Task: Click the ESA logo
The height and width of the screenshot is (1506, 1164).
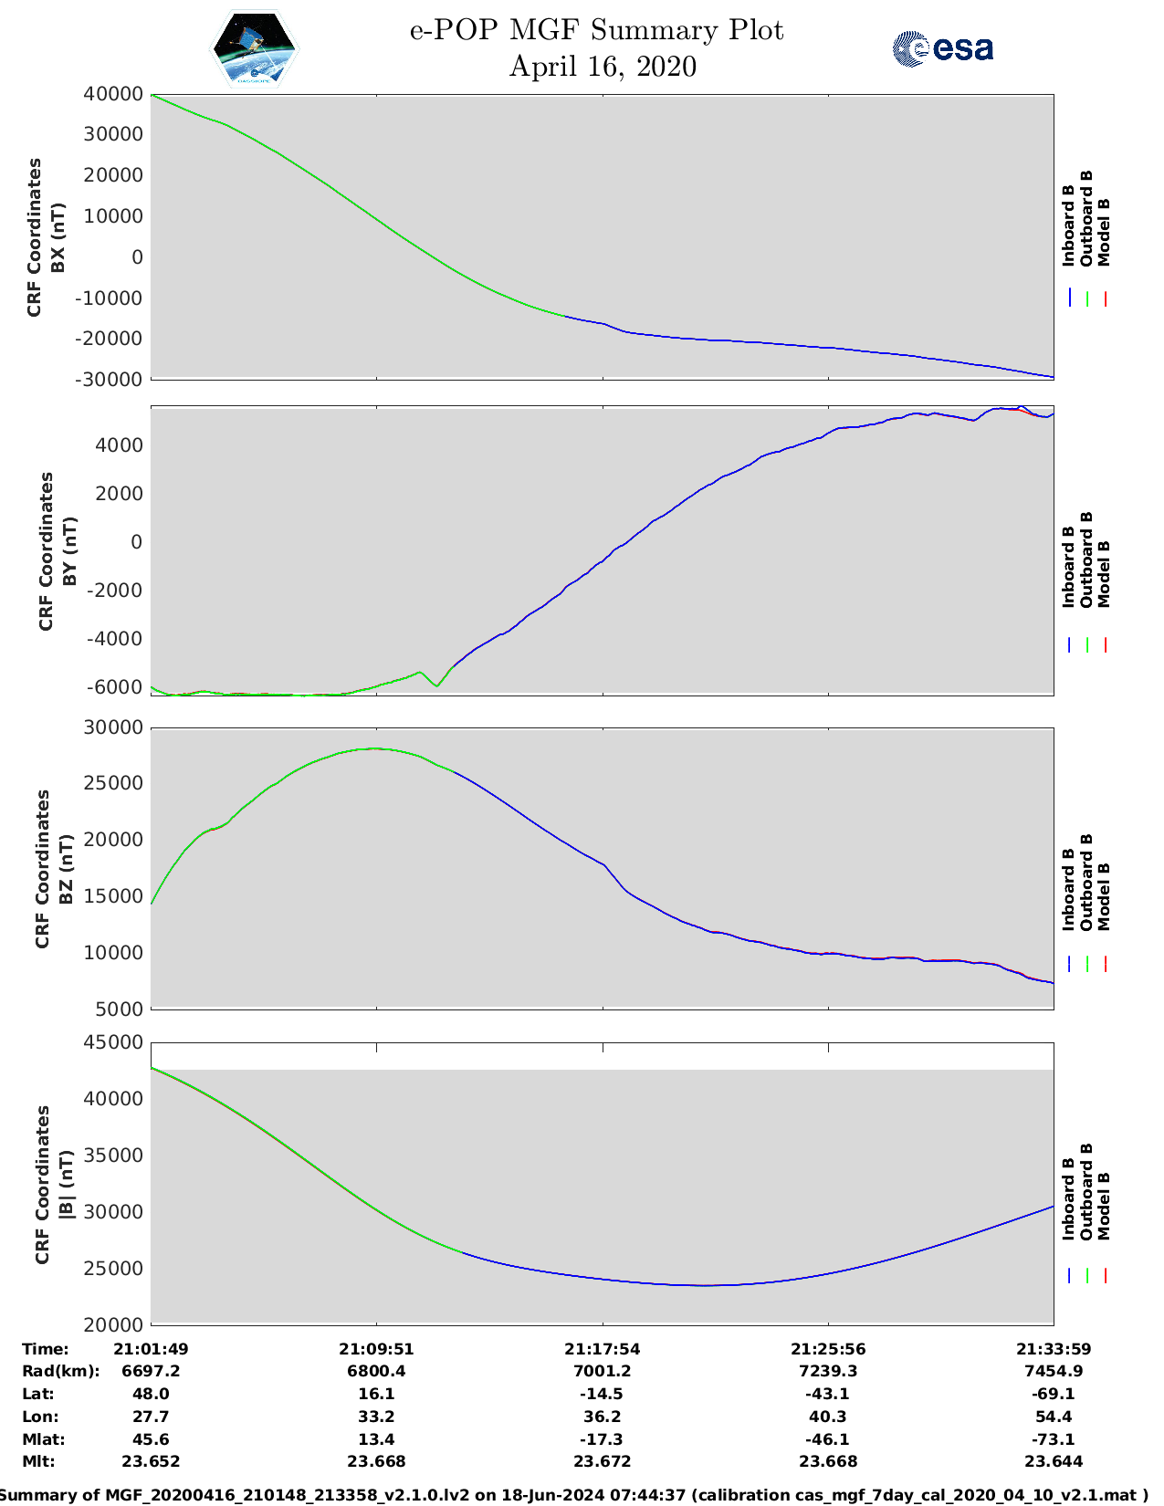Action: [942, 48]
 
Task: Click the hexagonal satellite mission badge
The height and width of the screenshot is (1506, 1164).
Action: [255, 48]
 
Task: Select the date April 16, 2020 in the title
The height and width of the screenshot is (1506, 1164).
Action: [602, 67]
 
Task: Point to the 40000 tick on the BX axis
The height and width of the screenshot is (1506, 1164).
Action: [113, 94]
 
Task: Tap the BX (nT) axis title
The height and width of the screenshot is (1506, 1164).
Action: [58, 237]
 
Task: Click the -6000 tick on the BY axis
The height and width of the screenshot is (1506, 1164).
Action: [116, 686]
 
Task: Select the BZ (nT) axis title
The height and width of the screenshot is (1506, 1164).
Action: [66, 869]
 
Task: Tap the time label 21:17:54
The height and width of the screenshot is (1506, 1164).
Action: [602, 1349]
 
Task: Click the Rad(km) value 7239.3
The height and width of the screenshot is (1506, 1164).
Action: [828, 1371]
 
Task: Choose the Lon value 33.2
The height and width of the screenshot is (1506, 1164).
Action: [376, 1417]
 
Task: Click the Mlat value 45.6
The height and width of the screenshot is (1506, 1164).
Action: [151, 1439]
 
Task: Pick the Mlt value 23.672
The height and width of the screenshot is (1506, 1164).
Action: [602, 1461]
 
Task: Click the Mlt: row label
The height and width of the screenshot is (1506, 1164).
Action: [38, 1461]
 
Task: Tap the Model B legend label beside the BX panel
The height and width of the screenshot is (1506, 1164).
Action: [1104, 232]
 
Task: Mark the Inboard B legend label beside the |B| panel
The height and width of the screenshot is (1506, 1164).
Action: [1068, 1198]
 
